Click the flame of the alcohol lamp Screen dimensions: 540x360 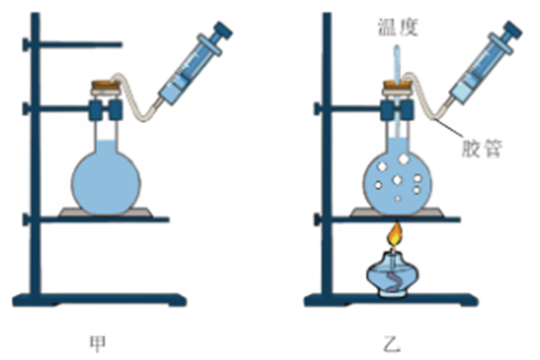396,234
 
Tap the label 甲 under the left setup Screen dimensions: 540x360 97,344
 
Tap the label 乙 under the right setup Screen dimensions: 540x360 392,344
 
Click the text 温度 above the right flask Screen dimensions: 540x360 399,28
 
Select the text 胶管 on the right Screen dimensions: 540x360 482,149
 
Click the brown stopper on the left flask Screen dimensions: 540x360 105,85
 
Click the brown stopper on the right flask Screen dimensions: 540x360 397,85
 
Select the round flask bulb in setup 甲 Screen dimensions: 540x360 106,182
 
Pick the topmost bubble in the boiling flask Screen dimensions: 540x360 403,159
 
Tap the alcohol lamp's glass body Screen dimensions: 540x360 393,275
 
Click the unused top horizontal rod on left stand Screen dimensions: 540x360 81,44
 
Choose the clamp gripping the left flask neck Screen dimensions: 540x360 105,110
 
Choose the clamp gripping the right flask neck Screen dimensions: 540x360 397,110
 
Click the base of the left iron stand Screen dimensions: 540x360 99,300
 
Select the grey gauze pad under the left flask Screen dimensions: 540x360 105,212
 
